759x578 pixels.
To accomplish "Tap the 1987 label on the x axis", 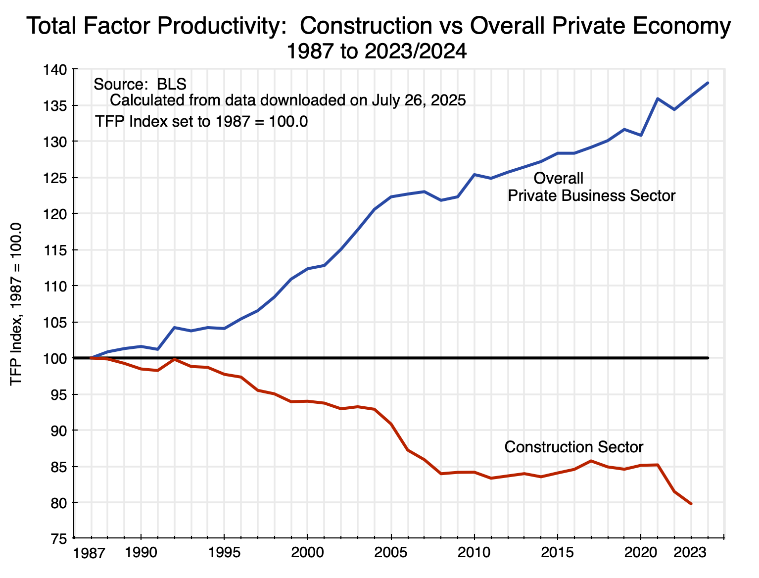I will [89, 553].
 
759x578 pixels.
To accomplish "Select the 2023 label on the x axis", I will [691, 552].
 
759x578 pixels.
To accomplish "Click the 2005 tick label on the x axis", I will [391, 552].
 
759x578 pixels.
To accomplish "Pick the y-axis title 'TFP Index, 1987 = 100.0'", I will [16, 304].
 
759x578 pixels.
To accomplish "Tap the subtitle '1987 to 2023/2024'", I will [377, 51].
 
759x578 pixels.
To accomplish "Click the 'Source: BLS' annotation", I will [140, 84].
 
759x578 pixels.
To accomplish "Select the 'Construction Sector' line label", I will [573, 447].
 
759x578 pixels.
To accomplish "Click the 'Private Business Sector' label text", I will [591, 196].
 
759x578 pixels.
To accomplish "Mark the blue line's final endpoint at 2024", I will [708, 83].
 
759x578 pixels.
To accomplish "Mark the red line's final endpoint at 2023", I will [691, 504].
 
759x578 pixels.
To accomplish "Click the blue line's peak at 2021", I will [658, 98].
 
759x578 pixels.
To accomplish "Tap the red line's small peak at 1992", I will [174, 359].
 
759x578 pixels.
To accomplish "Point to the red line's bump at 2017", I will [591, 461].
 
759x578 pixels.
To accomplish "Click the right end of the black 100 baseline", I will [708, 358].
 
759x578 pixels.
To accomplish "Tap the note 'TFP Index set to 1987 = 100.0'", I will [201, 121].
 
